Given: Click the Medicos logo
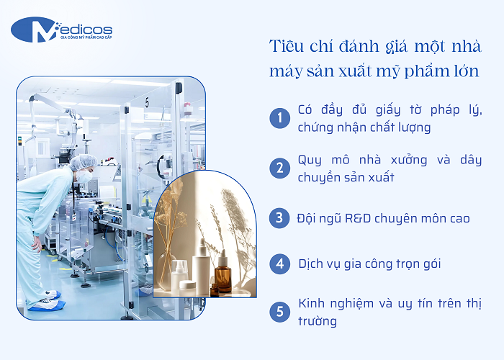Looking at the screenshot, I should click(61, 30).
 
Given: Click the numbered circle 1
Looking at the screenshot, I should click(279, 119).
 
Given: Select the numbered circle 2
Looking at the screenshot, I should click(279, 168).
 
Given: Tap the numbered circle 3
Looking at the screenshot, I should click(279, 217).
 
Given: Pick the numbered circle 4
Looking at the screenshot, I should click(279, 264).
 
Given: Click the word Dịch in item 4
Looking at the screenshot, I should click(312, 264).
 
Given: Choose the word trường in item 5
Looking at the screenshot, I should click(318, 322).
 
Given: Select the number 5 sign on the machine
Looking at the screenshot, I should click(146, 103).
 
